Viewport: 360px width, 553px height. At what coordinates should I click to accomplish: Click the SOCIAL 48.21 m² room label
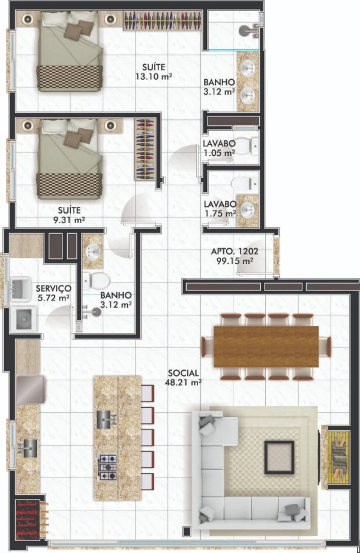point(183,377)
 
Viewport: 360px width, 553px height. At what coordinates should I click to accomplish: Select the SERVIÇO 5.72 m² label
point(53,293)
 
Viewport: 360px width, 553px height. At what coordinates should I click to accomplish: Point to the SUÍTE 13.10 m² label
point(154,71)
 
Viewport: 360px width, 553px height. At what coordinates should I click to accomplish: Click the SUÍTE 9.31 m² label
point(69,215)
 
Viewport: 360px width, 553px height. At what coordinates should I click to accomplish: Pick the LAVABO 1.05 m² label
point(219,148)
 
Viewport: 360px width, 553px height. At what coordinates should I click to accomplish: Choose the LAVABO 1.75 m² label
point(220,209)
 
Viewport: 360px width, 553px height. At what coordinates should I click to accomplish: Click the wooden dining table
point(266,347)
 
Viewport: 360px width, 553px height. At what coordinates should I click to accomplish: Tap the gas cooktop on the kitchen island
point(107,467)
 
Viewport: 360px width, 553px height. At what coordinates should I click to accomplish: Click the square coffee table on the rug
point(279,457)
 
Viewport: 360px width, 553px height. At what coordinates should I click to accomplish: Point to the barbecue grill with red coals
point(28,518)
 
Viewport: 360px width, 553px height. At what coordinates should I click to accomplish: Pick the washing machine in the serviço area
point(23,319)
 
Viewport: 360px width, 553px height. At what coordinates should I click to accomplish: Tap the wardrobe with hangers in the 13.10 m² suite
point(163,20)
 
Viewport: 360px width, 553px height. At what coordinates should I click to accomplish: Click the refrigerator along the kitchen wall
point(31,389)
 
